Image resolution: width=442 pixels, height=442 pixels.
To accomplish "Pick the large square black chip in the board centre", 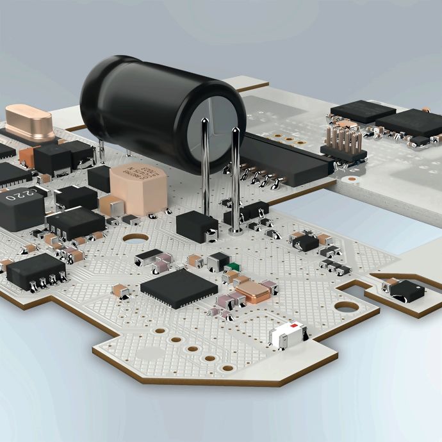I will coord(179,288).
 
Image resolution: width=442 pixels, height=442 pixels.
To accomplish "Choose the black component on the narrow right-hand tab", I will coord(407,291).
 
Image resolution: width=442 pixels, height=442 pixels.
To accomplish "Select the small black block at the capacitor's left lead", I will coord(197,226).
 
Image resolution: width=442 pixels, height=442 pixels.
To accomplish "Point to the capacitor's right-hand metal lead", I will coord(235,179).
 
